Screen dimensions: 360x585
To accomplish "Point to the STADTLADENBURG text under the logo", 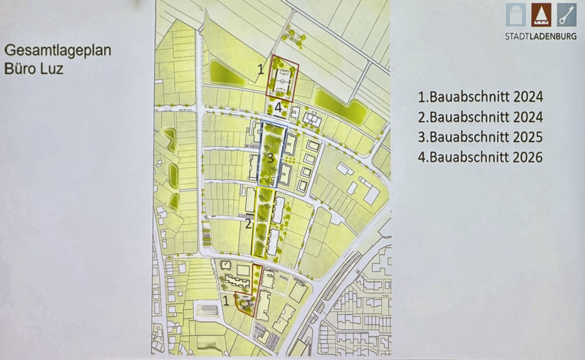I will (x=540, y=36).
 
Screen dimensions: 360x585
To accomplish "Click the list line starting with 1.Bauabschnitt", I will (x=480, y=97).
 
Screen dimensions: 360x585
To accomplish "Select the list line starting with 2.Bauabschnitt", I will (x=480, y=117).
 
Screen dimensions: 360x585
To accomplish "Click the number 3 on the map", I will (x=271, y=159).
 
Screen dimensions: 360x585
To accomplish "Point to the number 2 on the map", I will (x=248, y=225).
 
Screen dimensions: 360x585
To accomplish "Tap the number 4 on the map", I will (x=277, y=108).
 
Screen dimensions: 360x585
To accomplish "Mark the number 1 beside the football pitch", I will (x=261, y=69).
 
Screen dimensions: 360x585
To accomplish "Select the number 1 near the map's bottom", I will (x=225, y=298).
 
